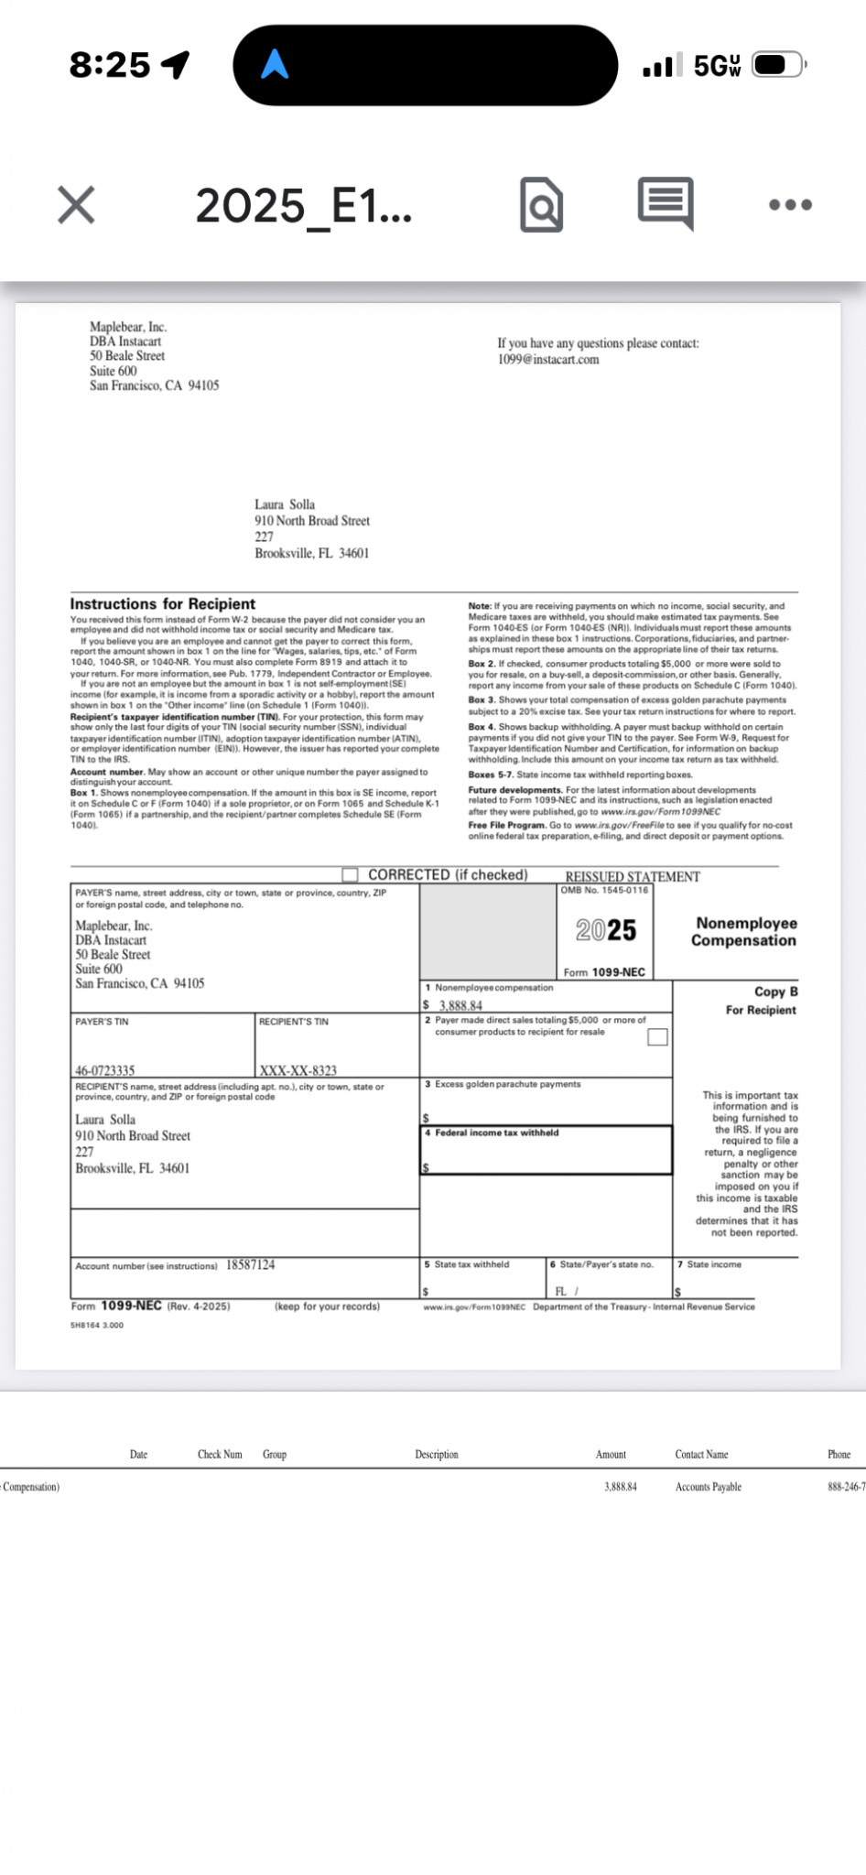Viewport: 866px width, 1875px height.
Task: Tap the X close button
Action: pyautogui.click(x=76, y=204)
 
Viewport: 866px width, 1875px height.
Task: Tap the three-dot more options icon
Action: pyautogui.click(x=790, y=204)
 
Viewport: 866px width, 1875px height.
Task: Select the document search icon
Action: pyautogui.click(x=541, y=205)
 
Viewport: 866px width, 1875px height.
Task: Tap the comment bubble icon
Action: pyautogui.click(x=666, y=203)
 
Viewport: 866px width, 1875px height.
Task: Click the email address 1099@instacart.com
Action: pyautogui.click(x=548, y=360)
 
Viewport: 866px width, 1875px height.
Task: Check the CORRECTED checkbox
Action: pyautogui.click(x=350, y=874)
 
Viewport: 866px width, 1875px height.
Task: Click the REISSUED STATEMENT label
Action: pyautogui.click(x=633, y=876)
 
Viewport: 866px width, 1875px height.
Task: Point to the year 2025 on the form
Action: pyautogui.click(x=606, y=930)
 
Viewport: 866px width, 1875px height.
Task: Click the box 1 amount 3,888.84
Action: pyautogui.click(x=460, y=1005)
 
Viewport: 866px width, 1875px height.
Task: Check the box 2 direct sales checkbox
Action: pyautogui.click(x=657, y=1036)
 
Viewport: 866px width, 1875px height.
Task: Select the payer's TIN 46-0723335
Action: pyautogui.click(x=105, y=1070)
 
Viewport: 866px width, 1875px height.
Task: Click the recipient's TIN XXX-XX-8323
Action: pyautogui.click(x=298, y=1070)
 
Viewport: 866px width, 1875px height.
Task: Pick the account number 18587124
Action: pyautogui.click(x=250, y=1264)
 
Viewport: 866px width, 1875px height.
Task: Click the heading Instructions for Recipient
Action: pyautogui.click(x=163, y=604)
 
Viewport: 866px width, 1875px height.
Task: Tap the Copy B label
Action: pyautogui.click(x=775, y=992)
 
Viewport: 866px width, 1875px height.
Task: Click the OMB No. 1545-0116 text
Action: pyautogui.click(x=604, y=890)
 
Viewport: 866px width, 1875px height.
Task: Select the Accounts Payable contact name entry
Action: pyautogui.click(x=709, y=1487)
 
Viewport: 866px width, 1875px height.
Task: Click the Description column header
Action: pyautogui.click(x=437, y=1454)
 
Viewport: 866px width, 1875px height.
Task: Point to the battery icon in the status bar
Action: pyautogui.click(x=778, y=65)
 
